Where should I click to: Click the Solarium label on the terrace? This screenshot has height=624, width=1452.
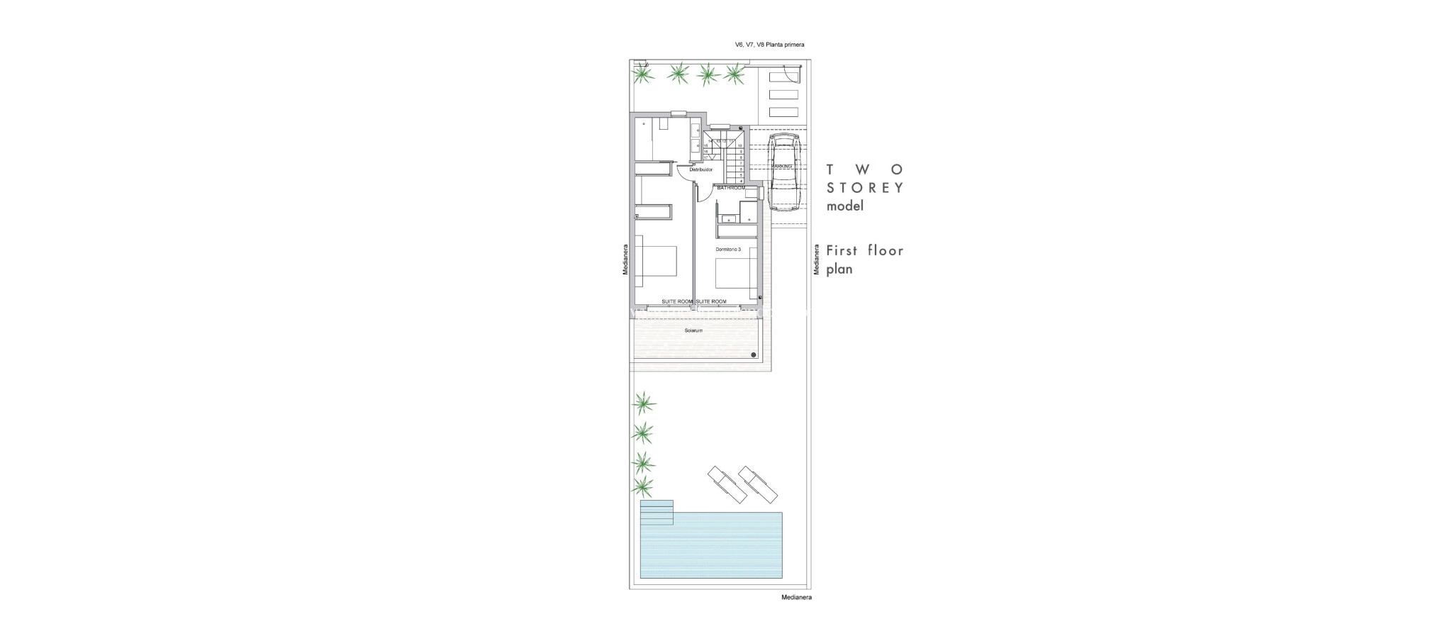coord(683,330)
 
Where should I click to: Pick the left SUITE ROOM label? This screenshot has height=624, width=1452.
coord(677,301)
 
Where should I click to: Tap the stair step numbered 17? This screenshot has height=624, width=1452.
coord(210,157)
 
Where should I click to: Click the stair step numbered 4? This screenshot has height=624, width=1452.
coord(740,181)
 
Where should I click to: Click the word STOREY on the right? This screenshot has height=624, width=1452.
coord(865,188)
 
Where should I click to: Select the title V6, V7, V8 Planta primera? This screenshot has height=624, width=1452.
coord(769,45)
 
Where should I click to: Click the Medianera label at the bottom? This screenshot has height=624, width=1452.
coord(796,597)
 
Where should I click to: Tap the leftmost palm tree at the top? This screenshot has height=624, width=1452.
coord(642,73)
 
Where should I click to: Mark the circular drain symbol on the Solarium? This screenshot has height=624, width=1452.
coord(753,354)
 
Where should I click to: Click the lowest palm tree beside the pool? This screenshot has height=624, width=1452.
coord(643,486)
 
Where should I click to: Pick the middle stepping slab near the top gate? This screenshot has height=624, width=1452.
coord(783,94)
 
